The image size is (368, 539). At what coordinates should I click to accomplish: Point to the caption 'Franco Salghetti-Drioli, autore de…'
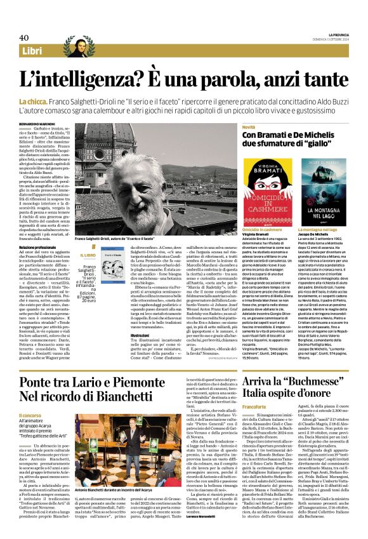tap(124, 239)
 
